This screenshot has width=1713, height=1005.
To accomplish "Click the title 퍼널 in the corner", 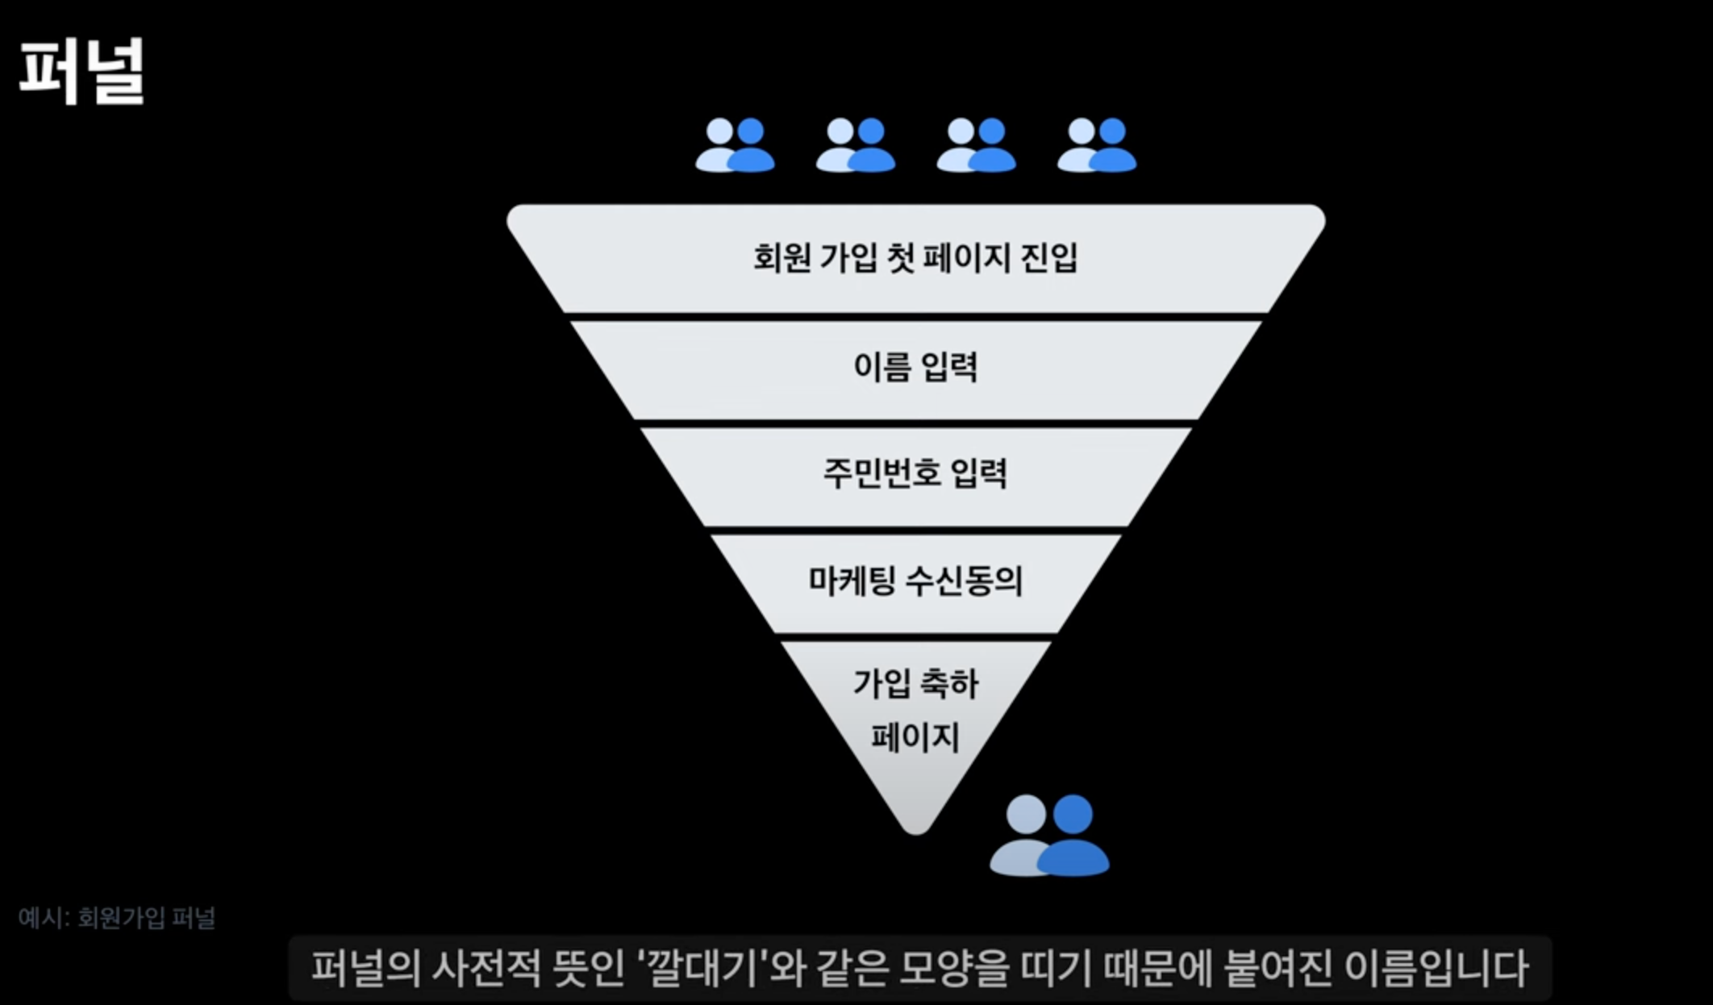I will pos(81,71).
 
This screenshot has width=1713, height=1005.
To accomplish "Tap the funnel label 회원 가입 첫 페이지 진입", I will pos(915,258).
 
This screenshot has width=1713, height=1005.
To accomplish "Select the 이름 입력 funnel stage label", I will pos(915,366).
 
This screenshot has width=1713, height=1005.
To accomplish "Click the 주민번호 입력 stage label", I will pos(915,473).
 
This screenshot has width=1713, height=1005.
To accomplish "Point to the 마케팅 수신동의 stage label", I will pos(915,581).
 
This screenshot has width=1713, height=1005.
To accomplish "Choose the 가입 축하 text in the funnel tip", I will pos(915,684).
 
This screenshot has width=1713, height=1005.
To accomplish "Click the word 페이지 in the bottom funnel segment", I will pos(915,737).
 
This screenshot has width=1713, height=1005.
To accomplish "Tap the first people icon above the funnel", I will pos(735,145).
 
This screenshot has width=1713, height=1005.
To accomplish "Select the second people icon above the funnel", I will pos(856,145).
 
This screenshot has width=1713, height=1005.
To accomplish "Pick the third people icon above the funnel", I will pos(976,145).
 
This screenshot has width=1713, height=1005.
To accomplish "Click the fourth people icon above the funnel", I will pos(1097,145).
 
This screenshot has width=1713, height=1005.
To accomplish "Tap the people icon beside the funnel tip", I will pos(1049,836).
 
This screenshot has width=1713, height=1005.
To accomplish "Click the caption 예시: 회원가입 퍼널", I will pos(117,918).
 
